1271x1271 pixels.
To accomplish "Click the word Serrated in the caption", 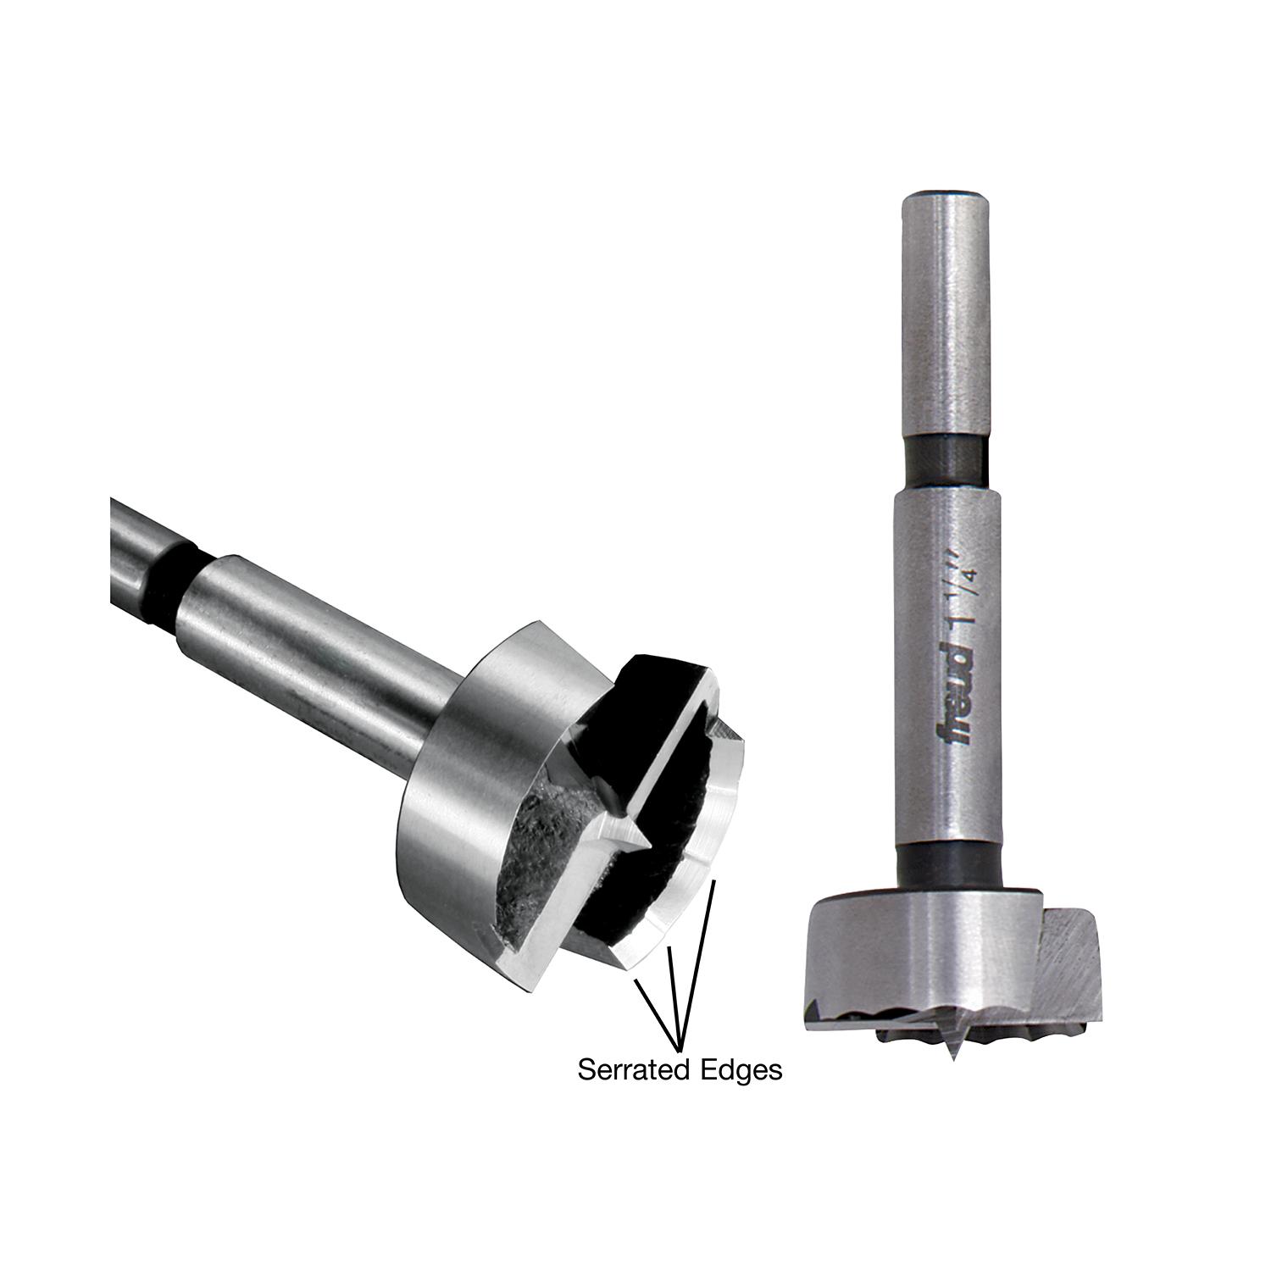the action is click(633, 1069).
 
